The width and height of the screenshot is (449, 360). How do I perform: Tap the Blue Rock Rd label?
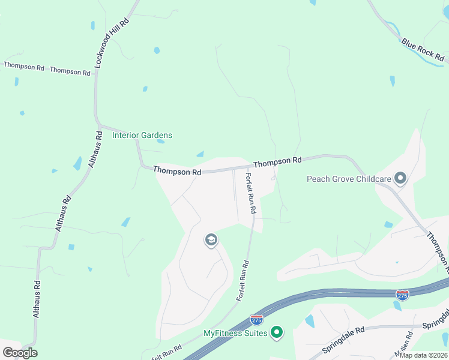[x=423, y=51]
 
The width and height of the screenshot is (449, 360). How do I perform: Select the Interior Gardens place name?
[x=142, y=135]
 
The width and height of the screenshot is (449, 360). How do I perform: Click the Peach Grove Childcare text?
[x=349, y=178]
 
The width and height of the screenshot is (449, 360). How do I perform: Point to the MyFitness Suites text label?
[x=235, y=333]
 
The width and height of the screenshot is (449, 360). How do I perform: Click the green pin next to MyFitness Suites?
[x=277, y=332]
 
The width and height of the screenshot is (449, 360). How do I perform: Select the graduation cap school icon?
[x=211, y=241]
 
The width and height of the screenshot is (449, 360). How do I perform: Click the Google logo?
[x=20, y=352]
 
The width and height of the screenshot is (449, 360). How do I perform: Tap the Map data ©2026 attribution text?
[x=423, y=355]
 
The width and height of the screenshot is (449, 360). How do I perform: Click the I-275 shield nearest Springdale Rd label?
[x=403, y=295]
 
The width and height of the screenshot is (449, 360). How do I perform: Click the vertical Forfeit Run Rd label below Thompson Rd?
[x=251, y=193]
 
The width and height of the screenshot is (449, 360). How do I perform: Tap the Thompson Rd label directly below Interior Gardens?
[x=176, y=171]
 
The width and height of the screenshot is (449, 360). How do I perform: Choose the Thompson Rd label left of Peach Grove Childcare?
[x=277, y=161]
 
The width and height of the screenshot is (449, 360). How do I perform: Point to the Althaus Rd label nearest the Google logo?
[x=37, y=299]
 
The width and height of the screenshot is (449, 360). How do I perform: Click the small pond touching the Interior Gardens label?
[x=161, y=142]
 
